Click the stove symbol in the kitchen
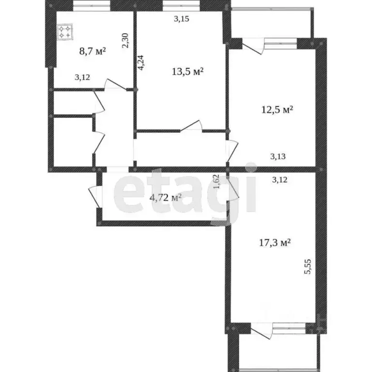click(x=65, y=32)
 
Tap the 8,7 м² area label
click(x=93, y=50)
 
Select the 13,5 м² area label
click(x=187, y=72)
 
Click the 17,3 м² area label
click(x=274, y=243)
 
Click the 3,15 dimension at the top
click(x=181, y=19)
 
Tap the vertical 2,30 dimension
click(x=125, y=39)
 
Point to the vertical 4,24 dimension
click(x=140, y=63)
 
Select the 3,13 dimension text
click(x=279, y=156)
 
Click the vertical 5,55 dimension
click(x=307, y=266)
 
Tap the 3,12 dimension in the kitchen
click(x=82, y=77)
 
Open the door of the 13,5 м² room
click(x=192, y=125)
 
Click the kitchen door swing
click(x=113, y=85)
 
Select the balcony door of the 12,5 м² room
click(x=252, y=46)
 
